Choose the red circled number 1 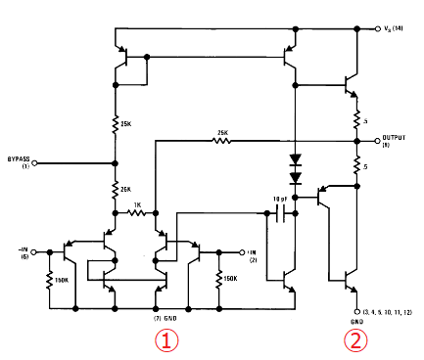[169, 340]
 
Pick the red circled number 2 [355, 341]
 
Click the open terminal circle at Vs [377, 30]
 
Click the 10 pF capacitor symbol [281, 212]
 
